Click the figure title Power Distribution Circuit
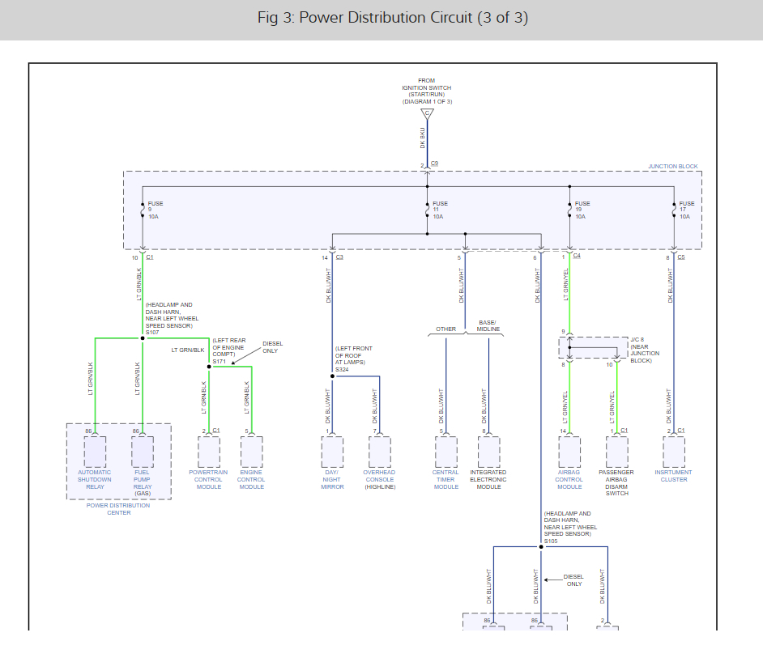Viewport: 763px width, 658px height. pyautogui.click(x=392, y=18)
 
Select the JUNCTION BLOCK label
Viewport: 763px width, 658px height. pyautogui.click(x=672, y=167)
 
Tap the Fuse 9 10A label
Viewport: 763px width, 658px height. pyautogui.click(x=155, y=210)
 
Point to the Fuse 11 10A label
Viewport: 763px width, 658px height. pyautogui.click(x=440, y=210)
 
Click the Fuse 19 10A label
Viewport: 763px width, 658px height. pyautogui.click(x=582, y=210)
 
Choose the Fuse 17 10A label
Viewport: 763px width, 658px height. pyautogui.click(x=686, y=210)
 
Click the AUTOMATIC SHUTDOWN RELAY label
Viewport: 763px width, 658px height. pyautogui.click(x=95, y=479)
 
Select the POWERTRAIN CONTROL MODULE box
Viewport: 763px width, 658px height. pyautogui.click(x=209, y=452)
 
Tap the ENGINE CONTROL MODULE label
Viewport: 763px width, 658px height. pyautogui.click(x=251, y=479)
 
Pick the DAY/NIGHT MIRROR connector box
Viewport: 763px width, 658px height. pyautogui.click(x=332, y=452)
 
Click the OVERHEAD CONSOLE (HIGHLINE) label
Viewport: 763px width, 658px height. pyautogui.click(x=379, y=479)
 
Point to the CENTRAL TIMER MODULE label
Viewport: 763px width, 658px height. pyautogui.click(x=445, y=479)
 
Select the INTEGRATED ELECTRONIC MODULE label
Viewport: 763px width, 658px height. pyautogui.click(x=488, y=479)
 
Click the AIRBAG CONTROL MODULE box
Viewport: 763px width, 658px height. pyautogui.click(x=569, y=452)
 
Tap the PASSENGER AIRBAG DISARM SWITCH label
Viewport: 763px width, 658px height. pyautogui.click(x=616, y=482)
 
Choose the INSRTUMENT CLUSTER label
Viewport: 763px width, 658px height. pyautogui.click(x=673, y=476)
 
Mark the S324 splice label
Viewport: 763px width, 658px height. pyautogui.click(x=343, y=369)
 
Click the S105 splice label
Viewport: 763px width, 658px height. pyautogui.click(x=552, y=541)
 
